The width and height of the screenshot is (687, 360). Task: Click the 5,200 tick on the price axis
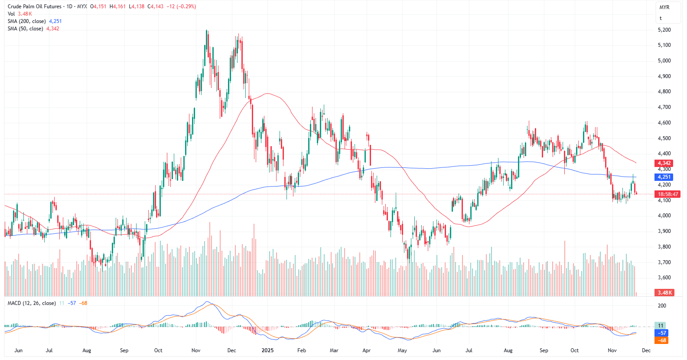coord(664,30)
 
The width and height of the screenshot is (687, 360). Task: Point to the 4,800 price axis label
coord(664,92)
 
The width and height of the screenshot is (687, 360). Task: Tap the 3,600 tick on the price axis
coord(664,278)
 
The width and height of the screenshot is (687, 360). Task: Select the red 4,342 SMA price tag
coord(664,163)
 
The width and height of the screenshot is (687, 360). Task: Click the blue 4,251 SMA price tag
coord(664,177)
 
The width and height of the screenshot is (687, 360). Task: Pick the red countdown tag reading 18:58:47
coord(668,194)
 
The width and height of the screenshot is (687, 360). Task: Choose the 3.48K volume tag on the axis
coord(665,293)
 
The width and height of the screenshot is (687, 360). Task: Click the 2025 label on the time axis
coord(267,350)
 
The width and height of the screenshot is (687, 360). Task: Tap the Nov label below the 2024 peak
coord(195,350)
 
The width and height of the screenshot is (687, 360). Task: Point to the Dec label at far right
coord(646,350)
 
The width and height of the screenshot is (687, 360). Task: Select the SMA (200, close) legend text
coord(26,21)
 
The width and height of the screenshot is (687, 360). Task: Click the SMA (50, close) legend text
coord(25,29)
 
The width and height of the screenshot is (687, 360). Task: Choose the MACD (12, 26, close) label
coord(32,303)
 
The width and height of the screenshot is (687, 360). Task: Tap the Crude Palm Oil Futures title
coord(35,7)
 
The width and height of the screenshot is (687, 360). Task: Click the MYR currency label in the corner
coord(664,7)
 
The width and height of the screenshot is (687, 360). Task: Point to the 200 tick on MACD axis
coord(662,306)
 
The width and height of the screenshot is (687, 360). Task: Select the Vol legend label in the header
coord(11,14)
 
